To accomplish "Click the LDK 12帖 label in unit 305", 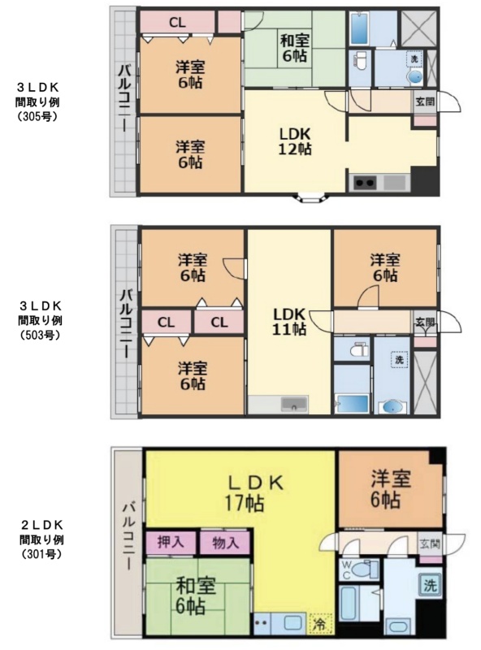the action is (x=295, y=141).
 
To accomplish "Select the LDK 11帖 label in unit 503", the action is (x=289, y=321).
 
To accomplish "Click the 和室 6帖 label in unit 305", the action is (x=294, y=49).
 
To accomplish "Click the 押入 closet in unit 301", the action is (x=171, y=542).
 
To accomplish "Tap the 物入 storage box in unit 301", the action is (x=226, y=542).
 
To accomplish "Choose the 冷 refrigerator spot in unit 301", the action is (x=319, y=624).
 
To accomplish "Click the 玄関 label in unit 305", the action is (x=425, y=101).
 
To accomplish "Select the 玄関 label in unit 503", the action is (x=425, y=322).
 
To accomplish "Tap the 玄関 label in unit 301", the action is (x=430, y=543).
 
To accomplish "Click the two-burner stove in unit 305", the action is (x=365, y=182).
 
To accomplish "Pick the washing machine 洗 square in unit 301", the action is (x=430, y=585).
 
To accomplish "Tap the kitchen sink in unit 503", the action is (x=295, y=403).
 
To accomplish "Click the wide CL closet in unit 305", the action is (x=177, y=23).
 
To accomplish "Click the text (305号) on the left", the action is (x=37, y=117).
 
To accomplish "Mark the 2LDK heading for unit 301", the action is (x=42, y=525).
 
